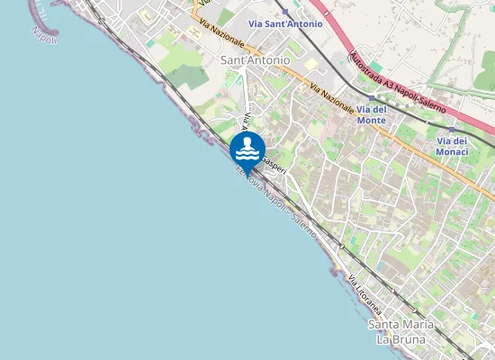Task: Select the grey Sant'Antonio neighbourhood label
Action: point(256,60)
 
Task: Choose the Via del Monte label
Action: point(371,114)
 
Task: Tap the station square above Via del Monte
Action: point(371,97)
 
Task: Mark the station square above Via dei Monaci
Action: point(452,130)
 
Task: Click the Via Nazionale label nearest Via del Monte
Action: point(330,98)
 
